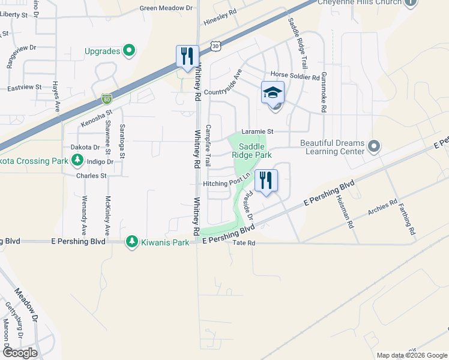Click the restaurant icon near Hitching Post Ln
click(266, 179)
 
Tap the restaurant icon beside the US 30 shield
click(187, 57)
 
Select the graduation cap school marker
click(272, 94)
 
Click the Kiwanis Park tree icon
click(131, 242)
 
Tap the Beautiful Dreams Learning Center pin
click(374, 146)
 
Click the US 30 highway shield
click(216, 46)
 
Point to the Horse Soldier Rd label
click(295, 77)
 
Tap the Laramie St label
click(257, 131)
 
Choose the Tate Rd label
click(244, 243)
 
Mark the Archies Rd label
click(382, 209)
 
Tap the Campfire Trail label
click(208, 145)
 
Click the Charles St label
click(91, 176)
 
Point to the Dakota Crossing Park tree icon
click(77, 160)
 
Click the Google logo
click(19, 353)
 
